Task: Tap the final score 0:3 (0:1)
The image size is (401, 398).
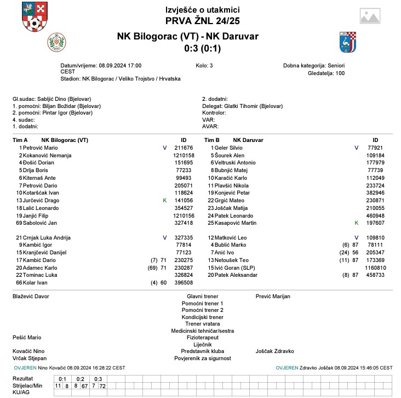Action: coord(202,48)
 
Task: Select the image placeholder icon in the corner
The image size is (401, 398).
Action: coord(370,17)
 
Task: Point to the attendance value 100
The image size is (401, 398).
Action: coord(340,73)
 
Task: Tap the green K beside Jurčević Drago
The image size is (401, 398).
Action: coord(164,201)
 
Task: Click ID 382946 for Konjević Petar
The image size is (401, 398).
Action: coord(376,193)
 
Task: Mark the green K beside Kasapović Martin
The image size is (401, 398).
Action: coord(357,223)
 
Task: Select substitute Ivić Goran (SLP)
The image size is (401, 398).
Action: coord(237,267)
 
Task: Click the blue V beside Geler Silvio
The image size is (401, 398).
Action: coord(357,148)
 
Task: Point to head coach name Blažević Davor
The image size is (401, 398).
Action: coord(31,296)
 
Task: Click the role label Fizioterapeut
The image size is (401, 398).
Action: coord(203,337)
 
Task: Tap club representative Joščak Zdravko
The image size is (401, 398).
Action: coord(275,351)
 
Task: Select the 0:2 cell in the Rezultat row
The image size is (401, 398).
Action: coord(80,379)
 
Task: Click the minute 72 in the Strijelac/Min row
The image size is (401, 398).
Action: coord(102,386)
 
